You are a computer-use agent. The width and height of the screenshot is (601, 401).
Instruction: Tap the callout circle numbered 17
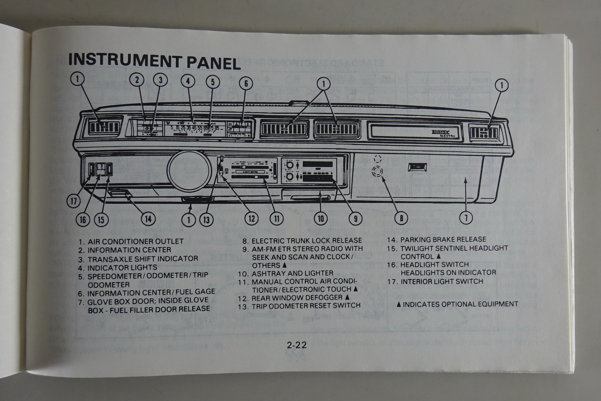(74, 201)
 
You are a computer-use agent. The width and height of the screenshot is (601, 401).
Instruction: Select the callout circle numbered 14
(148, 218)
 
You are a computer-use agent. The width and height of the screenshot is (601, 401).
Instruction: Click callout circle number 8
(401, 218)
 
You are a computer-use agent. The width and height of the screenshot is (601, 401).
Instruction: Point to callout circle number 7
(466, 217)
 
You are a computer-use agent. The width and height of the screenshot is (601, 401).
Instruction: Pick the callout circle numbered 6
(246, 83)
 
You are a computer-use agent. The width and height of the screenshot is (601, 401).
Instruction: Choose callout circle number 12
(251, 218)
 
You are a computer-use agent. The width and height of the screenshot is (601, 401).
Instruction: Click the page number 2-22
(297, 344)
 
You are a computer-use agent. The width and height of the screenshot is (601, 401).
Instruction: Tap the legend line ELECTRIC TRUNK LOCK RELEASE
(307, 241)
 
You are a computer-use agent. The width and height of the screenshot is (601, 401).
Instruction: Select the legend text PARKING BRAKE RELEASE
(443, 239)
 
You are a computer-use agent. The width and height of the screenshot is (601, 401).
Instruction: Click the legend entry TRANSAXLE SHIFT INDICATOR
(143, 259)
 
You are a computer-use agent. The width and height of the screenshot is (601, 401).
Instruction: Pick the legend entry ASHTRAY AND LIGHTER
(292, 273)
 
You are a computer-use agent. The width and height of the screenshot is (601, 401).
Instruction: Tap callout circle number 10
(321, 218)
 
